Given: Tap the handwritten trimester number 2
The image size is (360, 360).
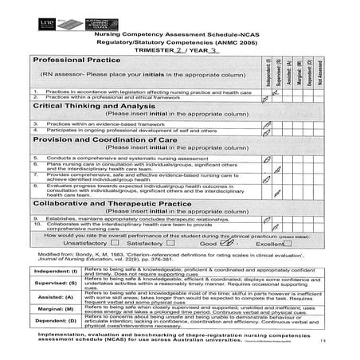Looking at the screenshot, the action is (183, 49).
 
